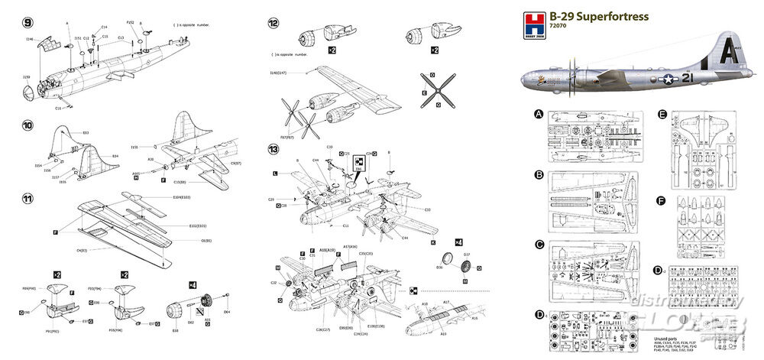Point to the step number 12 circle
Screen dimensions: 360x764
(x=273, y=22)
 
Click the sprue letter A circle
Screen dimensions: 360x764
(x=539, y=115)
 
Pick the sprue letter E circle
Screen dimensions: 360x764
(x=662, y=115)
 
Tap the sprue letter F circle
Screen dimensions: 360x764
(x=662, y=202)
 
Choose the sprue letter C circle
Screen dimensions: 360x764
(x=539, y=245)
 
